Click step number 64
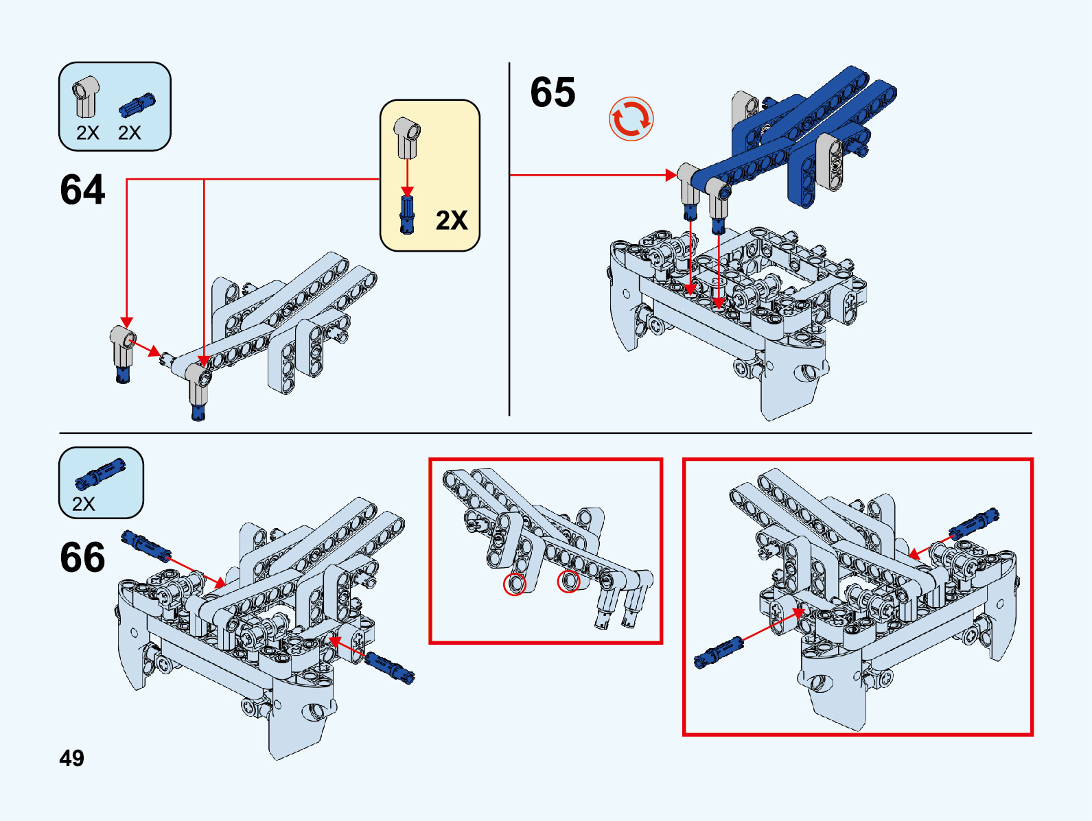click(x=82, y=190)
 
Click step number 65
click(x=553, y=93)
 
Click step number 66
click(x=82, y=558)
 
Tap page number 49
click(x=71, y=758)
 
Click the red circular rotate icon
click(x=631, y=119)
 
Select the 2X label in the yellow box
click(x=452, y=220)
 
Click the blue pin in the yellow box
click(x=407, y=214)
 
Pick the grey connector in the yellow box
click(x=407, y=136)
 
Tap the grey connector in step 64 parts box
click(x=86, y=97)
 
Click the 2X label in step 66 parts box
click(x=84, y=504)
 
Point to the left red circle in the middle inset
click(x=515, y=584)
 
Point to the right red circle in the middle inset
click(x=568, y=582)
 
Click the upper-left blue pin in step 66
click(x=145, y=545)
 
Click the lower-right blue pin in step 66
click(x=389, y=667)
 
